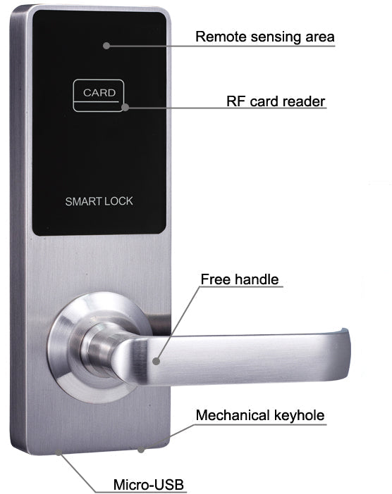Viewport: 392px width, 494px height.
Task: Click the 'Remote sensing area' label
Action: tap(265, 37)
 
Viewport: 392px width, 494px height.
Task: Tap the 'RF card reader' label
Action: tap(276, 101)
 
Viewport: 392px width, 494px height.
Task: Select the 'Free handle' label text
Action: tap(240, 279)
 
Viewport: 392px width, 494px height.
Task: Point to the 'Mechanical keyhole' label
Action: tap(260, 415)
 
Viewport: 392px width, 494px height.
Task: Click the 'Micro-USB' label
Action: tap(148, 484)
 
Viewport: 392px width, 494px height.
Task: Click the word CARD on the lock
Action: tap(99, 93)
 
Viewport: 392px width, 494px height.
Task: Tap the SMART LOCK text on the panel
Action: tap(99, 201)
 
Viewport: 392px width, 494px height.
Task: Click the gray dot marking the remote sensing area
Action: tap(106, 46)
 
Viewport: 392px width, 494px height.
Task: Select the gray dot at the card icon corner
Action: tap(125, 108)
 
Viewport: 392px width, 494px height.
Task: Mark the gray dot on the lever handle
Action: tap(157, 361)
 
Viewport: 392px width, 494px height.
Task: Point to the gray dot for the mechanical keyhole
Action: tap(141, 450)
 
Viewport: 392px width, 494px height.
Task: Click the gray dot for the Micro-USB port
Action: tap(59, 452)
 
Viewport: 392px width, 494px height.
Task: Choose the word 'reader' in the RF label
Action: tap(304, 101)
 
